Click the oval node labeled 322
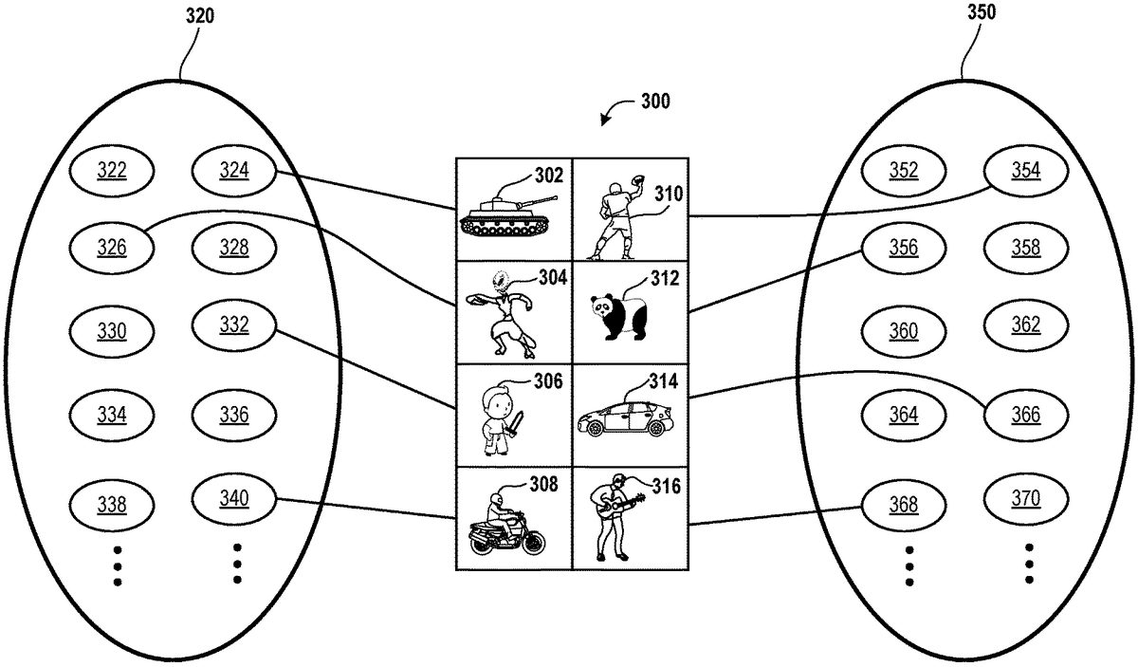(x=113, y=171)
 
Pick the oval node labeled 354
(x=1025, y=170)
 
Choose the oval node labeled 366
(x=1025, y=415)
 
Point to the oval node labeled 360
(x=904, y=330)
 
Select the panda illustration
(x=619, y=317)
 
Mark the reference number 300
(x=653, y=102)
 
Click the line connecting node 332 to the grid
(x=370, y=365)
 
